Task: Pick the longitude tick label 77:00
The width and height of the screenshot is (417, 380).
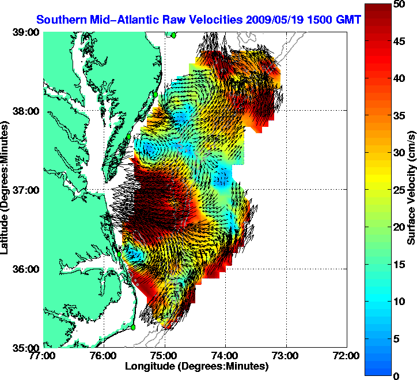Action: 44,355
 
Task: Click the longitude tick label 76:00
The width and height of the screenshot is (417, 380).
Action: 104,355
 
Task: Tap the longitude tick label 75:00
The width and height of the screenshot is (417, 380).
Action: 165,355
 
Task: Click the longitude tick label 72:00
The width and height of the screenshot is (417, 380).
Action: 347,355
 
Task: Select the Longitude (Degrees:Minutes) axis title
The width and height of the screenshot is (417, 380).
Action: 196,366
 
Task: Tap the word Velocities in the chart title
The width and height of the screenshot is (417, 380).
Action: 213,20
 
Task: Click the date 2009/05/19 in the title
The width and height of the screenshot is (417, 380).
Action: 273,20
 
